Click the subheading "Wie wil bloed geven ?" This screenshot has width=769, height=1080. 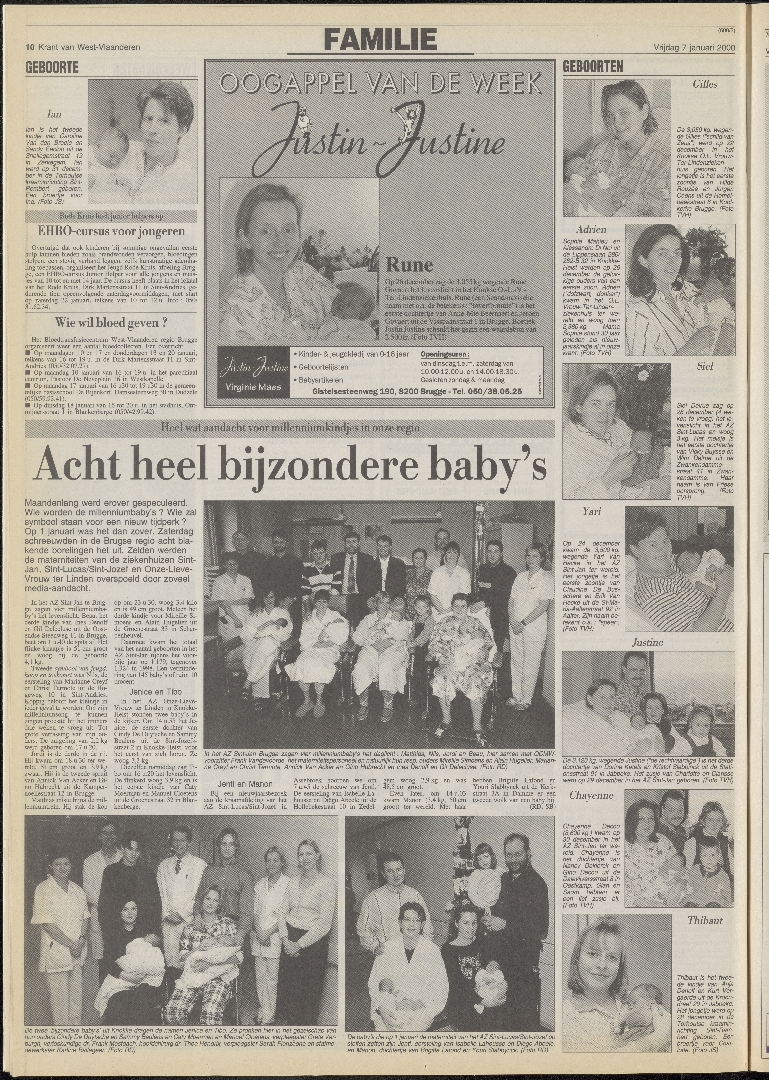[111, 323]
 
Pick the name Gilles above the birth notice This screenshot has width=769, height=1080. [705, 85]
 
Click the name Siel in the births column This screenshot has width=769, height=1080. [705, 366]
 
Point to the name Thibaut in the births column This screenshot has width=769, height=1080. [705, 921]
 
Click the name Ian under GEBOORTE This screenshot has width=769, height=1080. [54, 114]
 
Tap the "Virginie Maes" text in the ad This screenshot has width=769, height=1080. [254, 387]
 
